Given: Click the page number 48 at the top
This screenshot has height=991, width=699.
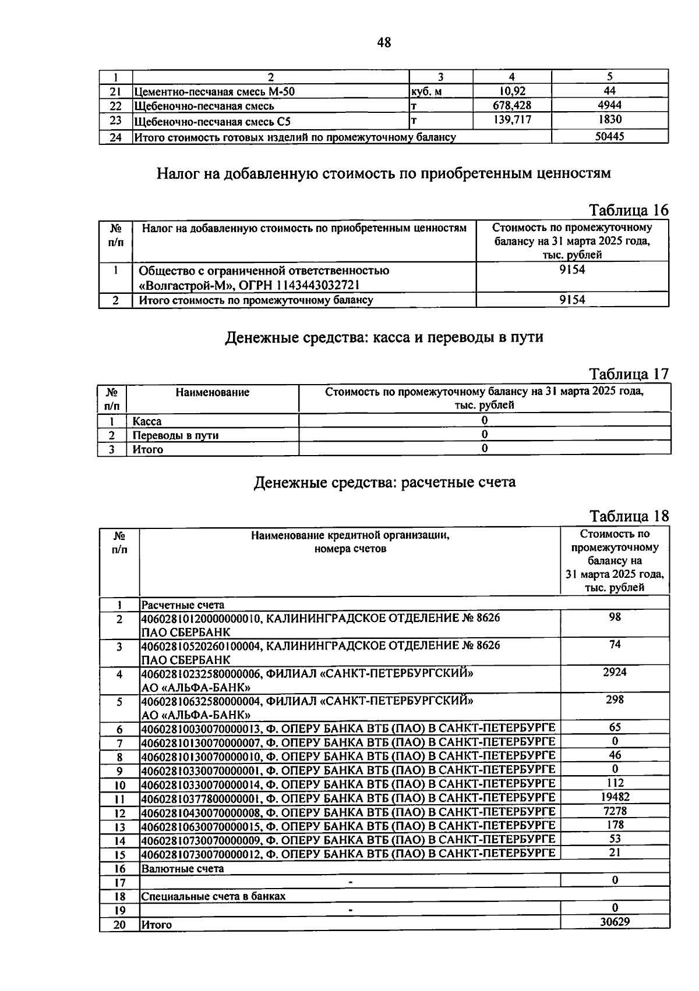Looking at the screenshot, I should (384, 42).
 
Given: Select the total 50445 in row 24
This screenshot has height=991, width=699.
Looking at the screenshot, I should (609, 137).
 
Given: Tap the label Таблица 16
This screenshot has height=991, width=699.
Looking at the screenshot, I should (629, 211).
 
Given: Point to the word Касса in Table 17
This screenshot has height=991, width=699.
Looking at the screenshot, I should (147, 421).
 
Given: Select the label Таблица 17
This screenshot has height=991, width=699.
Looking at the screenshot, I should (629, 374).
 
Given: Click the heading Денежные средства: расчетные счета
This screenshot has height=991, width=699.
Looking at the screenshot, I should (384, 482).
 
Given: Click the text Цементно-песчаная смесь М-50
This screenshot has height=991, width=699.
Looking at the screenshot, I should (214, 92).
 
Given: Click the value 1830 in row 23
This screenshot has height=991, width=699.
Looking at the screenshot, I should (609, 120).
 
